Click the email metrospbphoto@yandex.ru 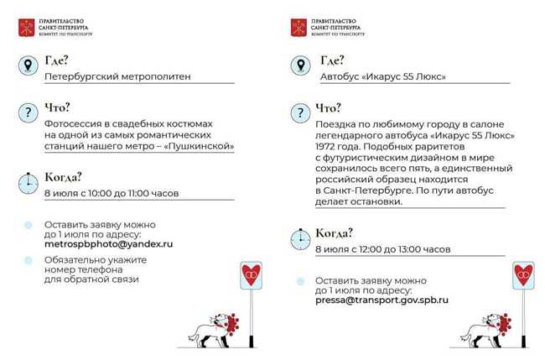(108, 243)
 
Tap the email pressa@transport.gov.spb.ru (381, 299)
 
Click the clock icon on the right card (299, 238)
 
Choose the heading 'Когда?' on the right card (334, 232)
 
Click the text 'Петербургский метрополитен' (117, 76)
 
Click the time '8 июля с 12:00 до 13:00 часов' (383, 249)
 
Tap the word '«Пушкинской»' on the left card (199, 146)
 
